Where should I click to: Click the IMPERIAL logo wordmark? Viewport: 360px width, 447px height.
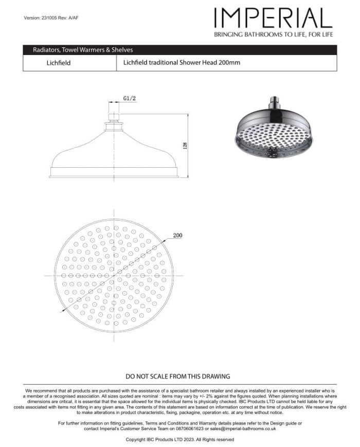point(273,19)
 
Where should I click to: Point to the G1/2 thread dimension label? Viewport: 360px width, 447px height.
point(129,98)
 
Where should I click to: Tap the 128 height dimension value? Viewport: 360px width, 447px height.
point(185,146)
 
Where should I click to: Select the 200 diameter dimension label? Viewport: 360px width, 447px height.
point(177,236)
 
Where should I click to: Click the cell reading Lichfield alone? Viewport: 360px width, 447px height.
point(59,63)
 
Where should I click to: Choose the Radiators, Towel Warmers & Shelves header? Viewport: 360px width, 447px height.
point(83,50)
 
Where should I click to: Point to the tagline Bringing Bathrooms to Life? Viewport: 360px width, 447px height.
point(273,34)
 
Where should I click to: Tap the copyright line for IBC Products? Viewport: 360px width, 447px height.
point(180,440)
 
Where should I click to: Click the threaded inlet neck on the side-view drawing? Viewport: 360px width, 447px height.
point(114,115)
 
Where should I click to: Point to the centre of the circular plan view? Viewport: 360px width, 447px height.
point(114,275)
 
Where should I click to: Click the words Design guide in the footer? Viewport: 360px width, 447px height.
point(281,423)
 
